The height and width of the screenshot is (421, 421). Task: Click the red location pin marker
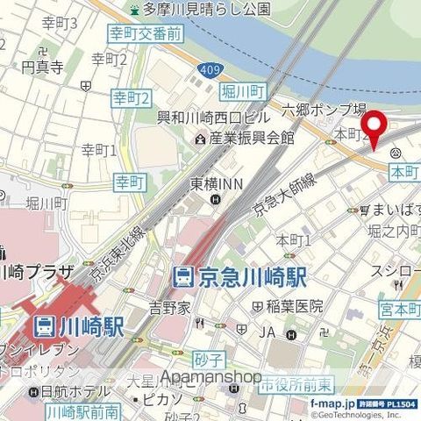(x=376, y=131)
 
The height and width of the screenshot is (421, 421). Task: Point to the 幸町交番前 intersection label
(x=146, y=34)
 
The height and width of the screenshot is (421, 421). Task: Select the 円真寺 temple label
(x=43, y=67)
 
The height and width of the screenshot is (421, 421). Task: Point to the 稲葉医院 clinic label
(x=294, y=307)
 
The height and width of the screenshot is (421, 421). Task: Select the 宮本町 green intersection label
(x=399, y=310)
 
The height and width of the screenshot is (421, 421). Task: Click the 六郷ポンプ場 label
(x=324, y=110)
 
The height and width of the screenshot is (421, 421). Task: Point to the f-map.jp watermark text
(x=334, y=403)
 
